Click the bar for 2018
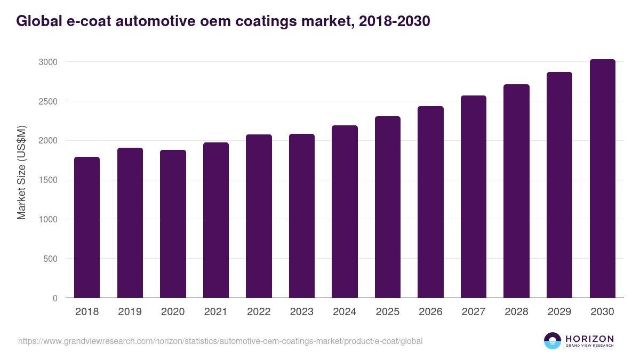(x=87, y=227)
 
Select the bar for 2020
(x=173, y=224)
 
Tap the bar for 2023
(x=302, y=216)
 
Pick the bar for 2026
(x=430, y=202)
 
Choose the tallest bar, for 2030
(x=602, y=179)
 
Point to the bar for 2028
(x=516, y=191)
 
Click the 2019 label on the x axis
(x=130, y=312)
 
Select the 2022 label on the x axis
(x=259, y=312)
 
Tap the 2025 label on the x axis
(x=387, y=312)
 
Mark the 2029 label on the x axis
(x=559, y=312)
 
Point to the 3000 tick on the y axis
(x=48, y=62)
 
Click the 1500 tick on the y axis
(x=48, y=180)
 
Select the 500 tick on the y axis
(x=51, y=259)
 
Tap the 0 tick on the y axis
(x=55, y=298)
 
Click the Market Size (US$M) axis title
(x=21, y=173)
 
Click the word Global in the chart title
(x=37, y=21)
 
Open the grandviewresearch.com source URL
(x=220, y=341)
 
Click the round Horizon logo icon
(x=553, y=341)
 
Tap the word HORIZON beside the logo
(x=589, y=338)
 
